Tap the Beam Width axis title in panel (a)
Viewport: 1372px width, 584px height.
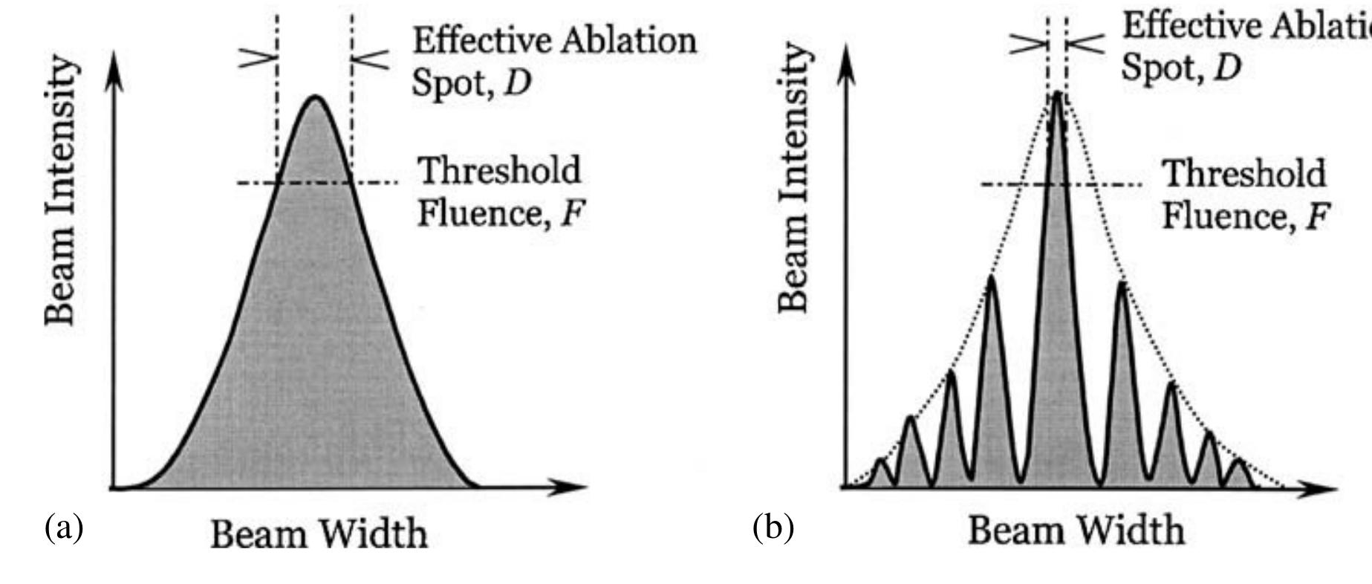[319, 533]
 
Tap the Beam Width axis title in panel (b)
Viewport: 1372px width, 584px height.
[1076, 531]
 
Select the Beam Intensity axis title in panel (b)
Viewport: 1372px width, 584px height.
[793, 176]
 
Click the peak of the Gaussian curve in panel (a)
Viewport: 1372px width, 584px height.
[316, 97]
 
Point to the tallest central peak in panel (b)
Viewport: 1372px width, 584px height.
[1057, 93]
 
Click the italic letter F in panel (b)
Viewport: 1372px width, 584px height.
[1317, 217]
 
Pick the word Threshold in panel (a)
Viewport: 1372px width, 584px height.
[500, 171]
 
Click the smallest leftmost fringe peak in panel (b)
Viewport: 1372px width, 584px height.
[881, 461]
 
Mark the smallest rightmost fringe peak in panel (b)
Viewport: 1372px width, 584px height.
[1238, 461]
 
